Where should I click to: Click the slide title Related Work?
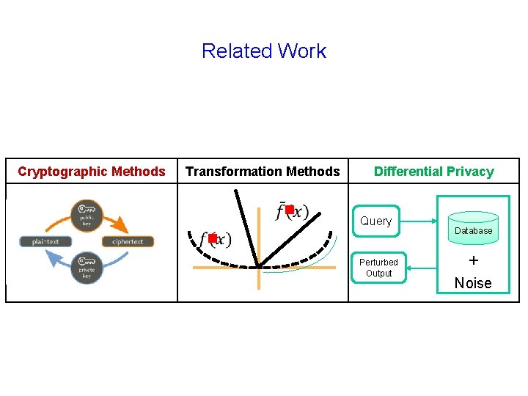tap(263, 51)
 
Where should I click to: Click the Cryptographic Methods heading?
tap(92, 172)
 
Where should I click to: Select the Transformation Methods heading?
tap(263, 172)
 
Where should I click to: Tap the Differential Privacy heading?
tap(433, 172)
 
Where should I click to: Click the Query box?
tap(375, 221)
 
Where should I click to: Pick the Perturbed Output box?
tap(378, 268)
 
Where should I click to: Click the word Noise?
tap(473, 283)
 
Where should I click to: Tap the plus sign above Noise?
tap(473, 260)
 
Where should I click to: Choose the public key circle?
tap(87, 214)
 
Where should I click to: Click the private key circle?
tap(87, 268)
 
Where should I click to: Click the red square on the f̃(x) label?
tap(290, 210)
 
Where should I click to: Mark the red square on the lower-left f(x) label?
tap(212, 238)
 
